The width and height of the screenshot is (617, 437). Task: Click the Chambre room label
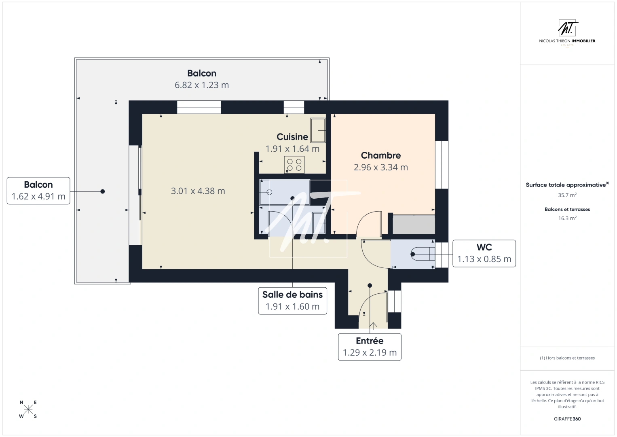tap(380, 155)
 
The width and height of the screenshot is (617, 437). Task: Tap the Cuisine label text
tap(292, 137)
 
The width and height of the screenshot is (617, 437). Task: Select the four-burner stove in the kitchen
tap(294, 165)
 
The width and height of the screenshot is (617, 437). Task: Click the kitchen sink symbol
tap(318, 130)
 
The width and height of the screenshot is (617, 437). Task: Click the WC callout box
tap(484, 253)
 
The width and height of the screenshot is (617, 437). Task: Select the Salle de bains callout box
tap(292, 301)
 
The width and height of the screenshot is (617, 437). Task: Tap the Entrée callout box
tap(370, 347)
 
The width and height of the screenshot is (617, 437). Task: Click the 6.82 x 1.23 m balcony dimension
tap(201, 85)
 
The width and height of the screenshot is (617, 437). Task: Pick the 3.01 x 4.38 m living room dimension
tap(198, 191)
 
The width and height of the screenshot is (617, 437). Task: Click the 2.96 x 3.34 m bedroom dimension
tap(380, 167)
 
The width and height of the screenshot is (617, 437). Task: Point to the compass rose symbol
tap(28, 409)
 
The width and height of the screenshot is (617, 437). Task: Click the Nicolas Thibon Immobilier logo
tap(567, 33)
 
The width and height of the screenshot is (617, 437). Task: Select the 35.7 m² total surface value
tap(567, 195)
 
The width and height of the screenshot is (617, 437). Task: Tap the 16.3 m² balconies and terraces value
tap(567, 218)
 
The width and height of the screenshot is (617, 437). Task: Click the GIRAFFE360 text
tap(567, 419)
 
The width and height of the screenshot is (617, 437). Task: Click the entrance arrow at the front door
tap(373, 325)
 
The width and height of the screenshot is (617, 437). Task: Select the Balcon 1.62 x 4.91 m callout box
tap(38, 191)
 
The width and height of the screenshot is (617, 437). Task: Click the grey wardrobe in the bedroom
tap(414, 225)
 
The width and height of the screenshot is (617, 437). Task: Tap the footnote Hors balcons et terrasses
tap(567, 358)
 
